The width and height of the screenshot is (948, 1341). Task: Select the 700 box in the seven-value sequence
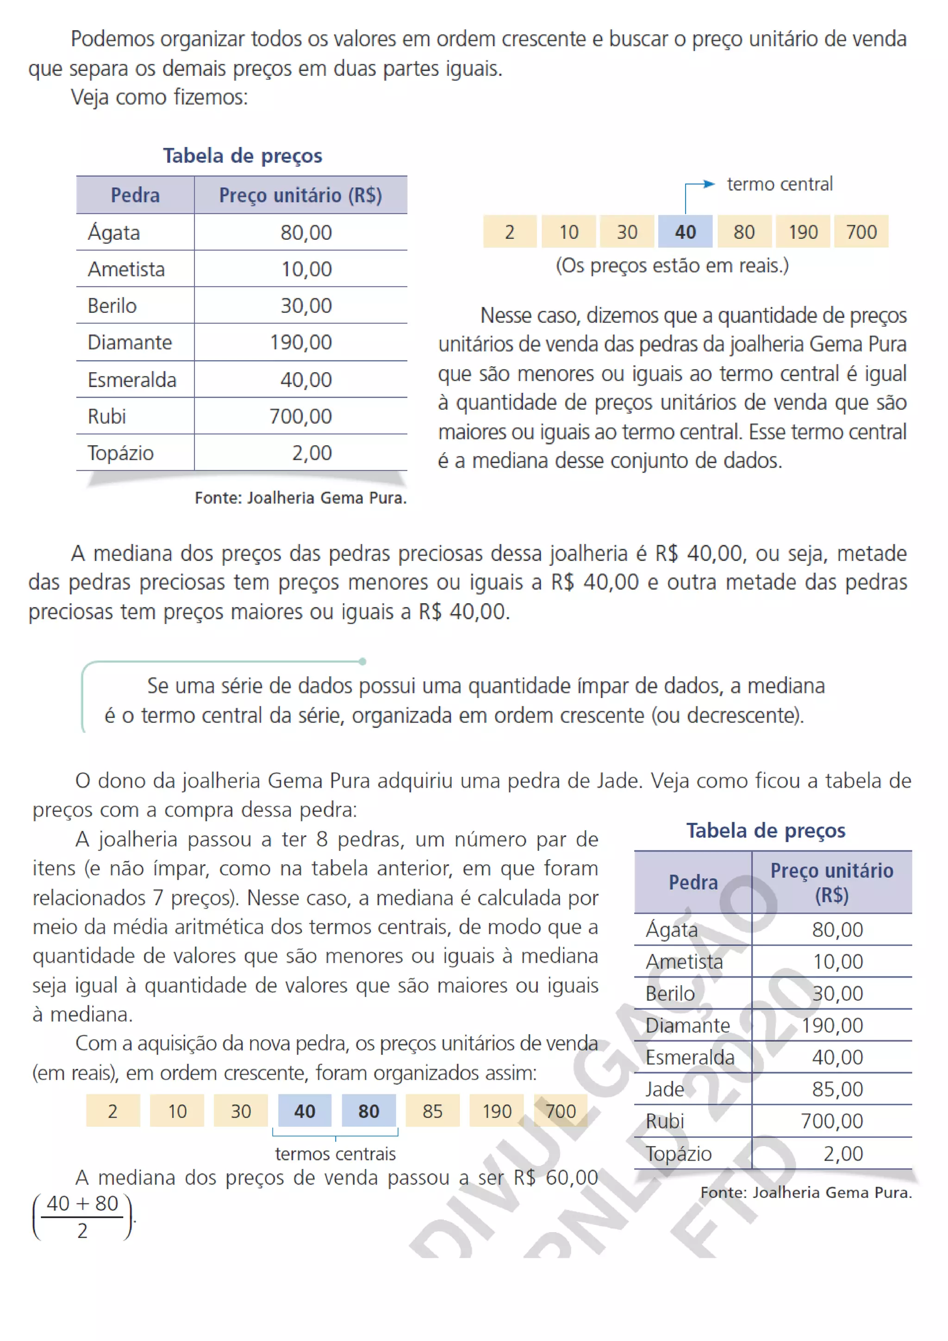click(861, 232)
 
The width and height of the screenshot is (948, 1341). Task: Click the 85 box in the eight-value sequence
click(432, 1110)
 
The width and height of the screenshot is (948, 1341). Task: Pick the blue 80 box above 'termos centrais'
click(368, 1110)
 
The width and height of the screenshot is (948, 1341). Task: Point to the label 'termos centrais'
click(335, 1154)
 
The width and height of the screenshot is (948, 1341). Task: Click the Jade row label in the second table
click(665, 1089)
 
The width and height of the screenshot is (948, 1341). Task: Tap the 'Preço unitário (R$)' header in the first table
click(300, 195)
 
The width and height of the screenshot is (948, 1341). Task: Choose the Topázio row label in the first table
click(121, 453)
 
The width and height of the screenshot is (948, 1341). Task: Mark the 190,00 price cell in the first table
click(300, 342)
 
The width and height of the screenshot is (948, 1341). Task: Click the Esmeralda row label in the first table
click(132, 380)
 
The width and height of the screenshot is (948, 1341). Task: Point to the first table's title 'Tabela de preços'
click(243, 156)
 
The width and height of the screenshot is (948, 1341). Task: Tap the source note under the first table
click(300, 498)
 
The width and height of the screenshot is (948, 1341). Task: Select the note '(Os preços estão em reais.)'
click(672, 265)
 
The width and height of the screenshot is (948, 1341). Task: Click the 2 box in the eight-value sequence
click(113, 1110)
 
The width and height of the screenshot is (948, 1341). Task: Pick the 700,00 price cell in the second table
click(831, 1121)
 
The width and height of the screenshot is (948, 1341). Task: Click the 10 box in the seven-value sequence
click(568, 232)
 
